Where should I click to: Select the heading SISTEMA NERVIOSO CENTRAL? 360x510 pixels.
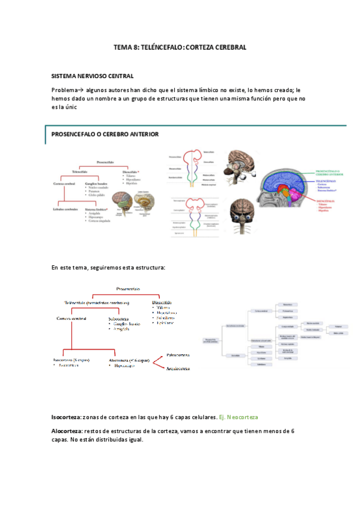[93, 76]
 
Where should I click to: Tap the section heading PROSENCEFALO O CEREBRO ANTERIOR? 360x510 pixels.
[105, 134]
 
